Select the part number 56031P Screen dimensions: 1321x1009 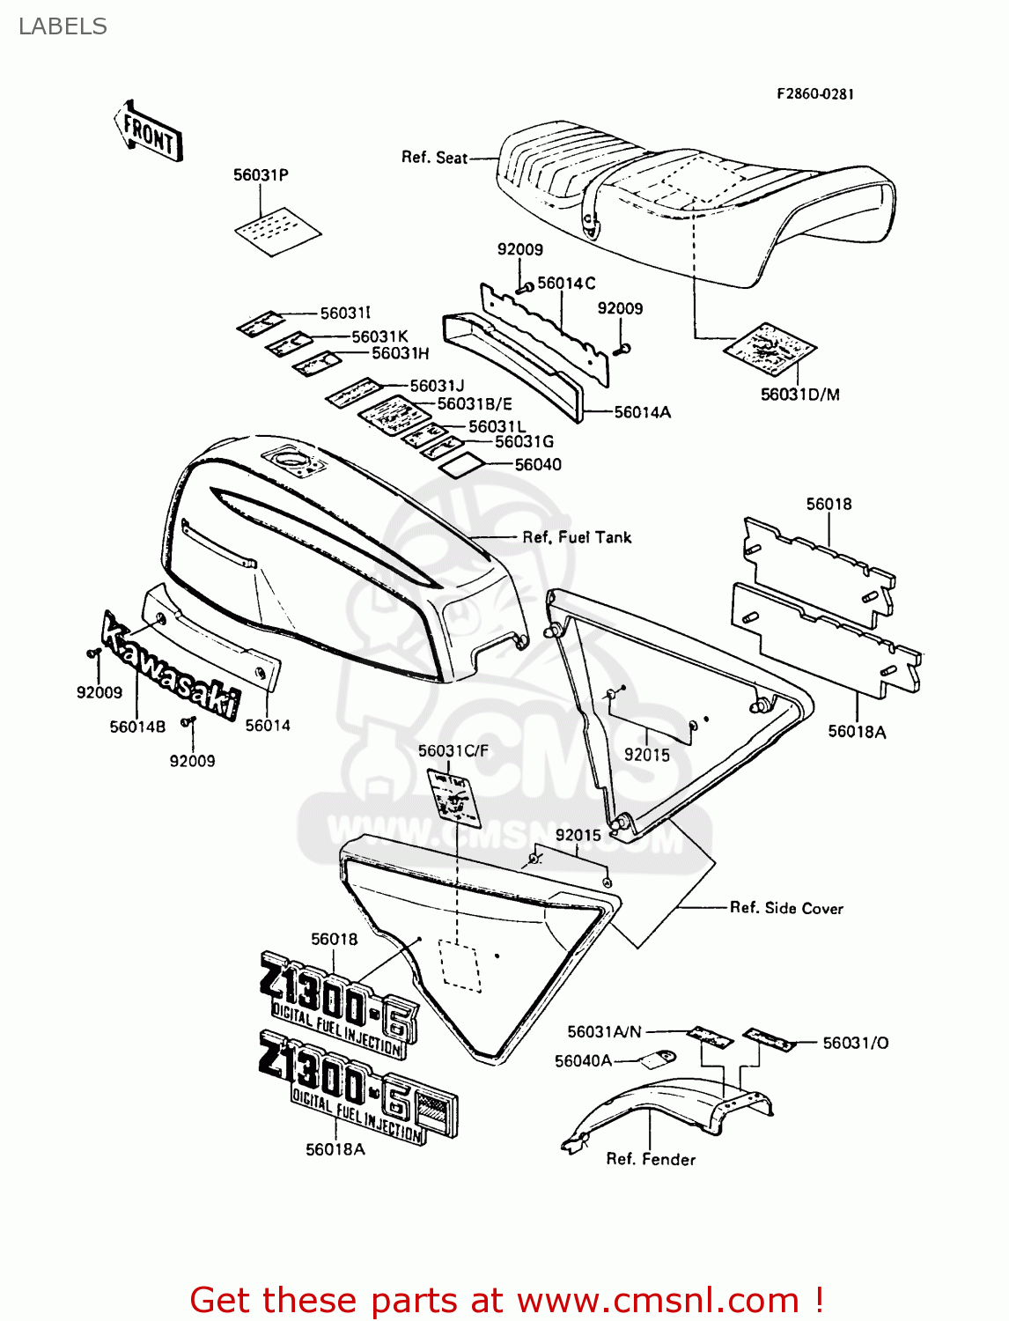coord(261,175)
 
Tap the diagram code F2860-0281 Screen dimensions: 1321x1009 coord(814,94)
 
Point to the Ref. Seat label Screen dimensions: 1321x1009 coord(434,158)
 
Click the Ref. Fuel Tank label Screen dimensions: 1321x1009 coord(577,537)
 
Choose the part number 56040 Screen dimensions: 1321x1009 coord(538,464)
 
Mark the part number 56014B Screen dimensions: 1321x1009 coord(137,727)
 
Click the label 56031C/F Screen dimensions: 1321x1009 coord(453,750)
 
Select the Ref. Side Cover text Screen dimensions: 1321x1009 coord(786,908)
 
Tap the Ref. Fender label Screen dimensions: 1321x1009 coord(651,1159)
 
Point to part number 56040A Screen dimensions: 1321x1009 coord(583,1061)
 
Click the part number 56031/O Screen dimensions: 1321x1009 coord(855,1043)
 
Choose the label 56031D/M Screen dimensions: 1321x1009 coord(799,395)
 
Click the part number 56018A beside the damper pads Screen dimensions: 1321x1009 coord(857,731)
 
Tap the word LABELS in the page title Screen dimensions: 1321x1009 coord(63,26)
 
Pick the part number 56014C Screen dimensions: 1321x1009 coord(566,283)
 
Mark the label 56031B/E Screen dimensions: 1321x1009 coord(475,404)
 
